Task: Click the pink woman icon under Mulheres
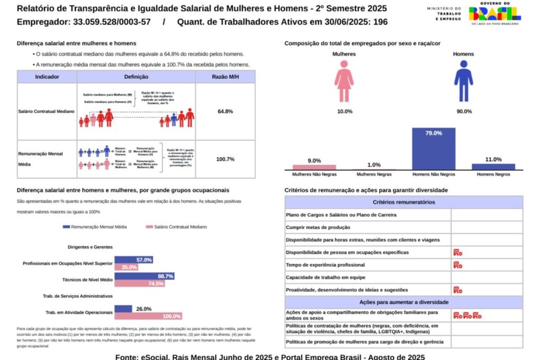pos(344,82)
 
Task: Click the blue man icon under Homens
pos(463,82)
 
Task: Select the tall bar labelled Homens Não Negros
pos(434,149)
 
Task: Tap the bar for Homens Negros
pos(493,167)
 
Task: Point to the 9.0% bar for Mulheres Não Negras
pos(314,167)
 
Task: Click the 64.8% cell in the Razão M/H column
pos(225,111)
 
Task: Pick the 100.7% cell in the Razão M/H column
pos(225,159)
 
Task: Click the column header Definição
pos(136,77)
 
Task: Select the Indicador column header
pos(47,77)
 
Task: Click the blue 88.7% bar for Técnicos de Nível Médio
pos(144,276)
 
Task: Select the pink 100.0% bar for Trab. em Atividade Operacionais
pos(148,316)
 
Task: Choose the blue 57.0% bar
pos(133,260)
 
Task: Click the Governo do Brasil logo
pos(495,14)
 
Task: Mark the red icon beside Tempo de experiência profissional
pos(458,265)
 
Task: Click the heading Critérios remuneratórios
pos(403,202)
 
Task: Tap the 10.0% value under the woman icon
pos(344,111)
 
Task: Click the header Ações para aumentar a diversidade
pos(403,302)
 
